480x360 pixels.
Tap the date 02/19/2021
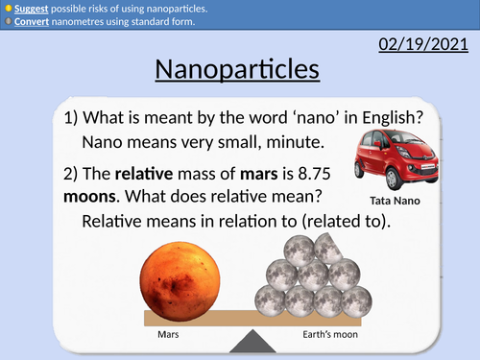click(x=423, y=44)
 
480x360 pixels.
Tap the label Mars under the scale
click(x=168, y=337)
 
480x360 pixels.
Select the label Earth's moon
click(x=313, y=337)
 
